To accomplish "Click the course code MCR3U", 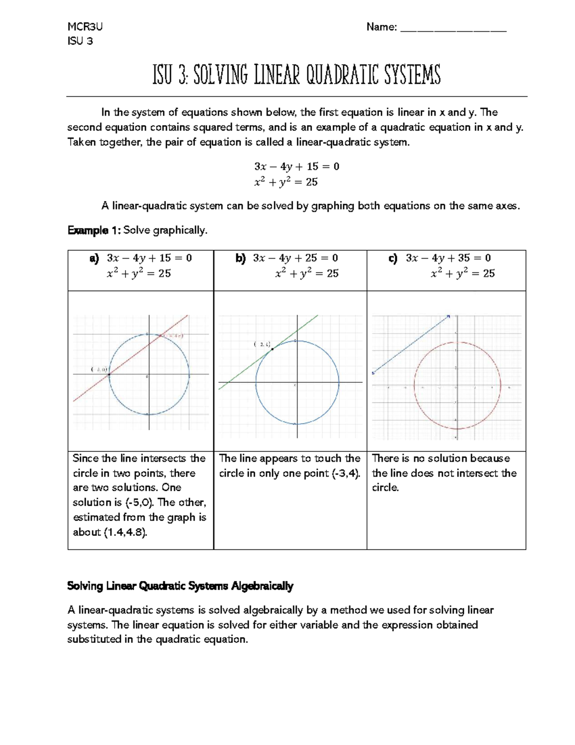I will pos(85,27).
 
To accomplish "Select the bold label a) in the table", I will pos(94,259).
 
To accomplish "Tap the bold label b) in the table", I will pos(240,259).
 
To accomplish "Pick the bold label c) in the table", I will pos(393,259).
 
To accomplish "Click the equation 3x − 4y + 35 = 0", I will pos(448,258).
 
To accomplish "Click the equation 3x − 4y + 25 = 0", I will pos(295,258).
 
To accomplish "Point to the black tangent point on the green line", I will pos(272,349).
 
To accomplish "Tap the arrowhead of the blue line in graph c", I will pos(448,316).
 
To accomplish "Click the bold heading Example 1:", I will pos(94,231).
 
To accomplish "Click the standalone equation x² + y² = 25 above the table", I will pos(286,182).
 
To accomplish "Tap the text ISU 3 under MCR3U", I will pos(80,41).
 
